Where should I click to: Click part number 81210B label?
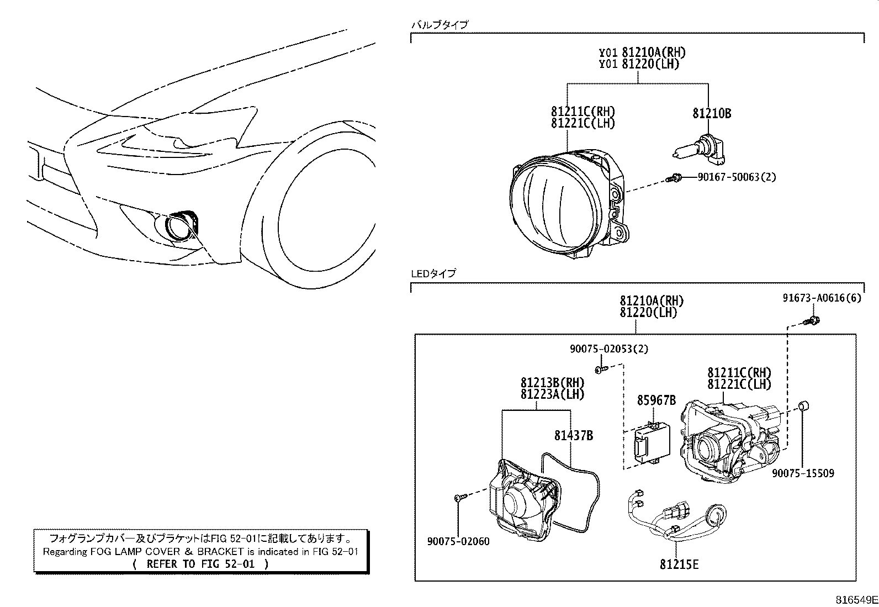click(x=712, y=114)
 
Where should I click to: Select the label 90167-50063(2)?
click(x=737, y=177)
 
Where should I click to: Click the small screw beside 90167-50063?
click(x=674, y=178)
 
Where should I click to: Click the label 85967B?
click(x=656, y=400)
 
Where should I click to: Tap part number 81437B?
click(x=574, y=436)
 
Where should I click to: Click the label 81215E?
click(x=679, y=564)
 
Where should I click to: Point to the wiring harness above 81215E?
click(x=674, y=514)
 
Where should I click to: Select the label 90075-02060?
click(x=458, y=541)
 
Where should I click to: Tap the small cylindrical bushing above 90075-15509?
click(x=804, y=407)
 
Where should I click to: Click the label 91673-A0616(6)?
click(x=822, y=298)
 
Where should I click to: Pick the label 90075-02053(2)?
click(x=609, y=349)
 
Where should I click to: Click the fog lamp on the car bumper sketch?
click(x=179, y=226)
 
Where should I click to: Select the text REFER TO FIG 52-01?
click(x=201, y=564)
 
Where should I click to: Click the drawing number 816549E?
click(x=855, y=600)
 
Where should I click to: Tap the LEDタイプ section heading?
click(x=433, y=273)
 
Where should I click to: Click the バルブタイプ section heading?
click(x=439, y=24)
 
